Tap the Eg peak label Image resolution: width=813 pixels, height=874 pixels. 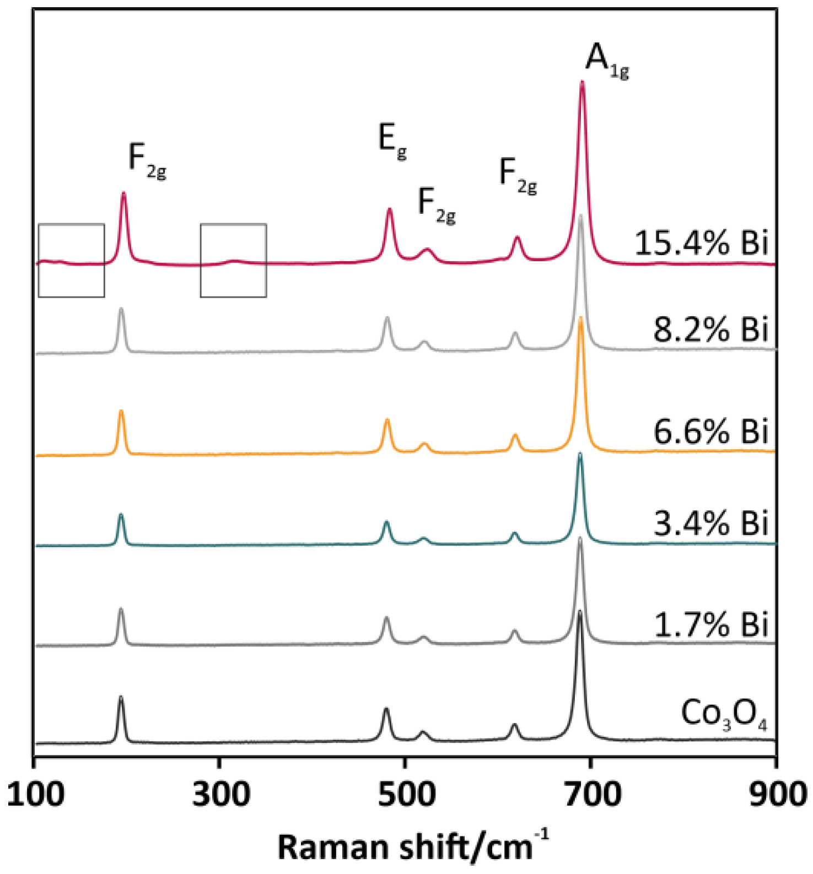392,141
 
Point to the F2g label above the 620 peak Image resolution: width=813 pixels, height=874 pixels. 518,175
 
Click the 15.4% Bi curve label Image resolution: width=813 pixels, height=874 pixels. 701,243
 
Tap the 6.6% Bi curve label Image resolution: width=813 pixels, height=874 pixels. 710,431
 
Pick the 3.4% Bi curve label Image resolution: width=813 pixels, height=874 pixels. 710,523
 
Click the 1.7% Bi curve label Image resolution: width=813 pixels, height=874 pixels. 711,625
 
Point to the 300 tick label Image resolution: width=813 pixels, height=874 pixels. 220,795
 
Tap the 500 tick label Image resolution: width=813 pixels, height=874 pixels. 406,795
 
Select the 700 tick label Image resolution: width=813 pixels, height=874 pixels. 591,795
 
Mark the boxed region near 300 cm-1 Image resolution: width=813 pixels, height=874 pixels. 233,260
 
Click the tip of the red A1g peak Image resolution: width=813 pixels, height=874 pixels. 582,83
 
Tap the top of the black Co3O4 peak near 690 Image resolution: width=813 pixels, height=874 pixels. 579,612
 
